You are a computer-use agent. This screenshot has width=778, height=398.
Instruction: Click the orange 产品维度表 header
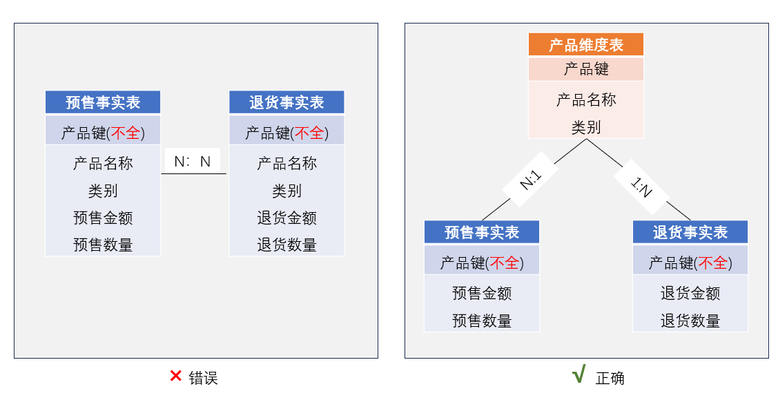click(x=586, y=45)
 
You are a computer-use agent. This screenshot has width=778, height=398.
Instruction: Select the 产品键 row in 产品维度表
click(x=586, y=69)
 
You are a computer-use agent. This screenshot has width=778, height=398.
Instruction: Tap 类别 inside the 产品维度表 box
click(x=586, y=128)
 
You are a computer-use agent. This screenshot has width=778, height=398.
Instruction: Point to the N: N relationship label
click(x=193, y=161)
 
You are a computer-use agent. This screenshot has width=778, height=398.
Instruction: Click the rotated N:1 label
click(x=530, y=180)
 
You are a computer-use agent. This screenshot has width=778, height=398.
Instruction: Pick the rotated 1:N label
click(x=641, y=187)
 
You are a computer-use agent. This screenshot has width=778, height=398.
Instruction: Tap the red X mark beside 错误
click(x=175, y=376)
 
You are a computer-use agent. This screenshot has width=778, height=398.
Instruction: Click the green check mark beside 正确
click(x=578, y=374)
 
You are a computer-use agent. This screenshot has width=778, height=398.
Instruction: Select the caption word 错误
click(x=203, y=378)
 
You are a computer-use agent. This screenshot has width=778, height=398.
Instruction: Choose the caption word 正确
click(x=610, y=378)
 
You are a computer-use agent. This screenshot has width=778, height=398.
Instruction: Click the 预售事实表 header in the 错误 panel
click(x=103, y=102)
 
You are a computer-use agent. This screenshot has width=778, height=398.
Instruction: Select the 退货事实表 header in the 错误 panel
click(x=286, y=102)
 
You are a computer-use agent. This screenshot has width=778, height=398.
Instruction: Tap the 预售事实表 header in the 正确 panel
click(x=482, y=232)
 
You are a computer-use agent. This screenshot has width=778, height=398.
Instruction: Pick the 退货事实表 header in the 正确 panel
click(x=690, y=232)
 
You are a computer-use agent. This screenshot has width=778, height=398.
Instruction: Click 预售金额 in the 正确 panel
click(x=482, y=293)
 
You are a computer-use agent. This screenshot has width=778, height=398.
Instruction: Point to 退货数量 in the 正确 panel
click(x=690, y=321)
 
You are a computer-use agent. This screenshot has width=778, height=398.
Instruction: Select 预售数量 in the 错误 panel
click(x=103, y=245)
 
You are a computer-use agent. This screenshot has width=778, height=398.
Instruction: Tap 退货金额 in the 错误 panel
click(x=286, y=218)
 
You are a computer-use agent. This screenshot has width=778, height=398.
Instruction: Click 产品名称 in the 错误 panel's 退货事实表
click(x=286, y=164)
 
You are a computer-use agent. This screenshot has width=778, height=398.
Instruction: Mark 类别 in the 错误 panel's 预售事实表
click(x=103, y=191)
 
